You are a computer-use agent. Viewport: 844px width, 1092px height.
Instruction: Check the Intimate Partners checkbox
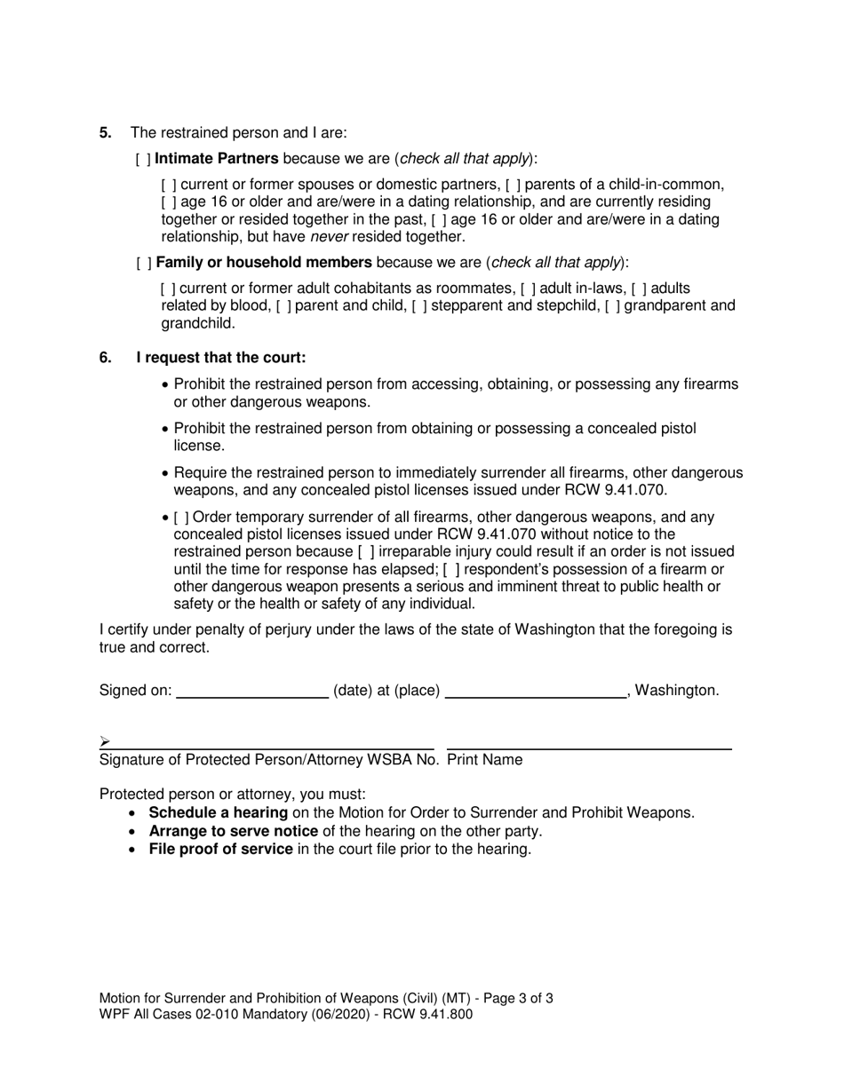[x=143, y=160]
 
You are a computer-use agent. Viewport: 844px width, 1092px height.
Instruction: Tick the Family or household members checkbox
[x=143, y=264]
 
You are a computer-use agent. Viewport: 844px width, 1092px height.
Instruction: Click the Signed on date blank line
[x=252, y=691]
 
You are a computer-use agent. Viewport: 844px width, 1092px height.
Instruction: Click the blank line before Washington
[x=535, y=691]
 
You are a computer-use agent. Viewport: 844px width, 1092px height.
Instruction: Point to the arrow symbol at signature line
[x=105, y=741]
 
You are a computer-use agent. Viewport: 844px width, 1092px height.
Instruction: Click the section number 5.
[x=106, y=133]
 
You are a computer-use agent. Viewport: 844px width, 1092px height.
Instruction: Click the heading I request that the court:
[x=221, y=359]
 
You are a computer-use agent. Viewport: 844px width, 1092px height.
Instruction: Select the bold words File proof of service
[x=220, y=850]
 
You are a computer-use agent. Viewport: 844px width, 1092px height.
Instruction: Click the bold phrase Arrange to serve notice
[x=233, y=832]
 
